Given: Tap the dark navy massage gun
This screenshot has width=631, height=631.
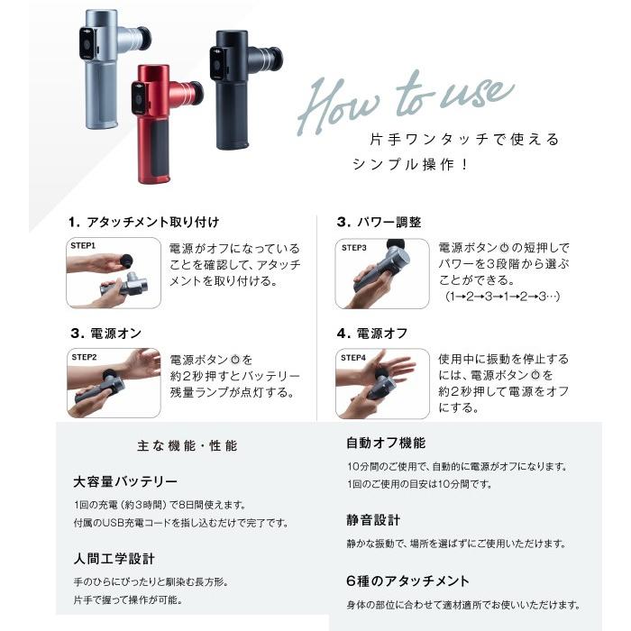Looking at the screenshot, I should pos(237,90).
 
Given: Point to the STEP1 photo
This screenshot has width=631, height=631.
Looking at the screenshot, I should pos(113,274).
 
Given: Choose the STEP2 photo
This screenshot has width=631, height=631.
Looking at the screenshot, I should pos(113,383).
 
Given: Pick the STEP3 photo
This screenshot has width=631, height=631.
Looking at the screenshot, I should pos(381,274).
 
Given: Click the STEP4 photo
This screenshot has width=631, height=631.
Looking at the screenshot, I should pos(381,383).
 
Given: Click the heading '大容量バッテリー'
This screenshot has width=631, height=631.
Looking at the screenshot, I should pos(125,481).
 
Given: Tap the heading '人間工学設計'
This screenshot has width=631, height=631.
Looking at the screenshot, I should pos(114,559).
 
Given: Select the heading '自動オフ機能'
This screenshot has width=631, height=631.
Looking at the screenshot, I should pos(386,444).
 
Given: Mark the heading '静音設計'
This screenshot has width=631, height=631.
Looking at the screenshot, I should pos(373,520).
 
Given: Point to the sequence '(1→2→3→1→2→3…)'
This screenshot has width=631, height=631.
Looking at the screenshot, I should pos(498,296).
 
